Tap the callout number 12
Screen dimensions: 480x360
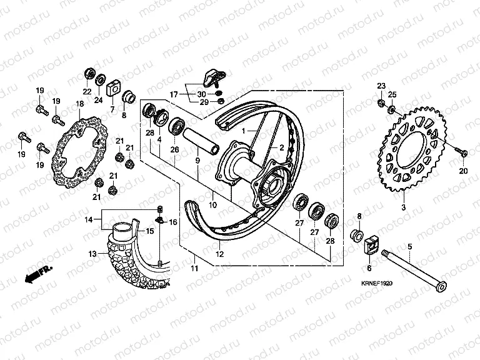[219, 254]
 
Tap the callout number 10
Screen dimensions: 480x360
[212, 204]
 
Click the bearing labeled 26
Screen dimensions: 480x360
[176, 128]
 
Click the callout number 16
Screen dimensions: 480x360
[173, 222]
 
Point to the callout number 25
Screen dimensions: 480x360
[392, 94]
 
